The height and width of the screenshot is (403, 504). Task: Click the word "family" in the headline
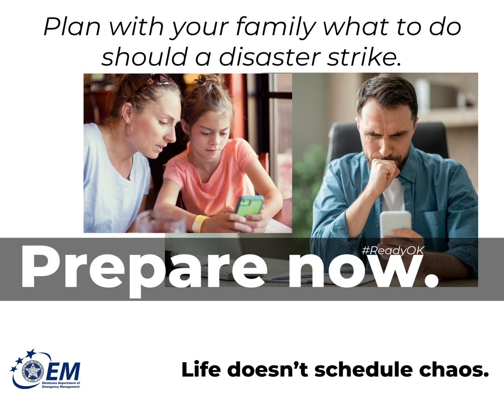(276, 27)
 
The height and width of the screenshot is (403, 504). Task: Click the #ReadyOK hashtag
(392, 251)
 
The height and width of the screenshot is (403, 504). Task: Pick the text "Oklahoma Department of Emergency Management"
(61, 385)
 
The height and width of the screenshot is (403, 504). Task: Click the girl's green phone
(249, 205)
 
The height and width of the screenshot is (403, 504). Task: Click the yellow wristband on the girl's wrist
(200, 223)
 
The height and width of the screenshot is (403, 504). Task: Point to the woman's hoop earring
(128, 129)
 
